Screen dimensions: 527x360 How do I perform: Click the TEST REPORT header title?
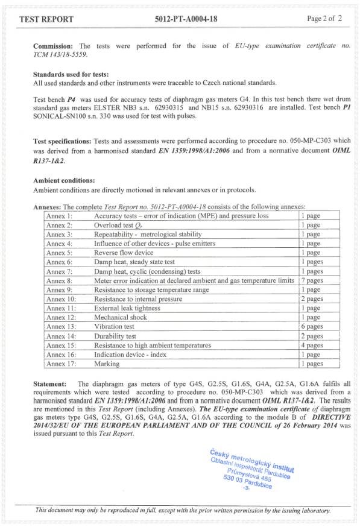click(46, 19)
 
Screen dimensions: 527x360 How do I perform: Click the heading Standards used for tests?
click(71, 74)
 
